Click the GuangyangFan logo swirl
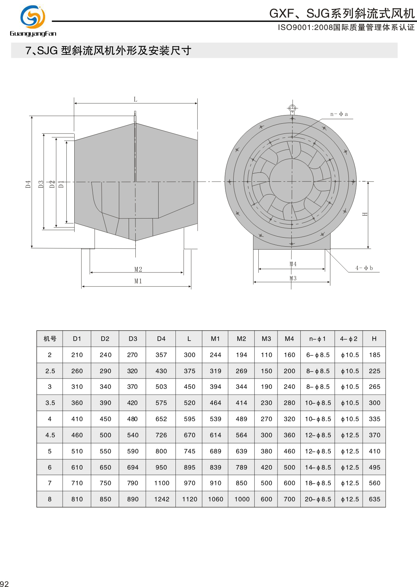point(33,17)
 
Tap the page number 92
point(4,584)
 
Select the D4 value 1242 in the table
point(162,499)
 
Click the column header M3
point(266,338)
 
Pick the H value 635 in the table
point(374,499)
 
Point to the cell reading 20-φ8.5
point(318,499)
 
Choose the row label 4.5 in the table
point(50,435)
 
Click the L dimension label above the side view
point(135,99)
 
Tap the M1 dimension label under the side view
point(138,281)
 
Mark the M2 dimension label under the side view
point(138,270)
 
